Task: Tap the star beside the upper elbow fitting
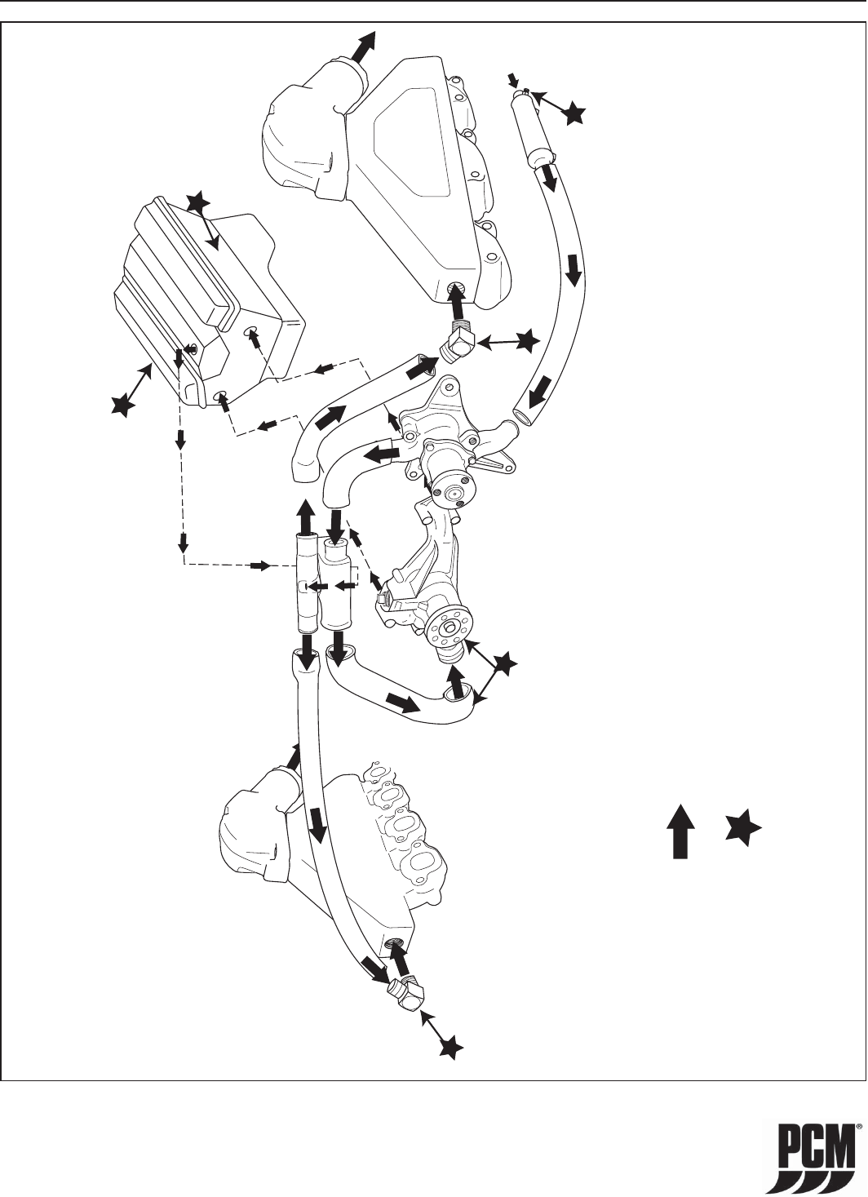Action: point(526,341)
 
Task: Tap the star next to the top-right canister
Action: point(573,113)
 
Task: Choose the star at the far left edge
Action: point(123,406)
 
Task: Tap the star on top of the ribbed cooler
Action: point(199,204)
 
